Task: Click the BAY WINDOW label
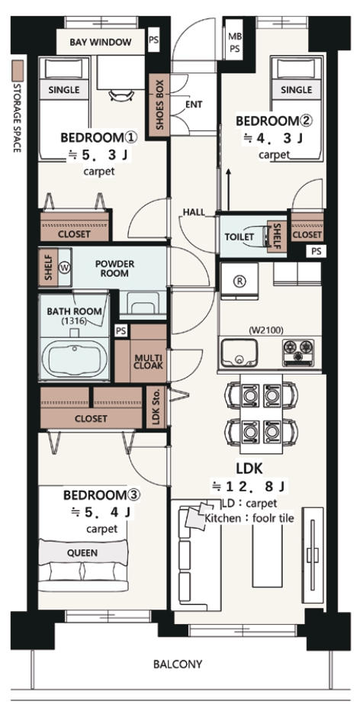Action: [101, 42]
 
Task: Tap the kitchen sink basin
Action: [239, 353]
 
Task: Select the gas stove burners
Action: [298, 352]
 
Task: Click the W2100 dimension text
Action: [265, 330]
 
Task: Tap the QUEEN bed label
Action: [82, 552]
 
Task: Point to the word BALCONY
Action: [178, 664]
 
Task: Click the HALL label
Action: [194, 212]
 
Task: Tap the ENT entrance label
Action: [194, 105]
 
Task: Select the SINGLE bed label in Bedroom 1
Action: [63, 89]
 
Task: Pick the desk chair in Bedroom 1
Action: [121, 95]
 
